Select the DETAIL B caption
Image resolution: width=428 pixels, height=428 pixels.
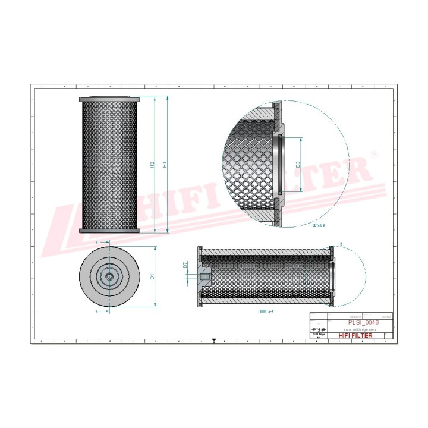click(319, 226)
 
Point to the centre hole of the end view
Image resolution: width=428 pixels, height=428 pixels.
click(110, 276)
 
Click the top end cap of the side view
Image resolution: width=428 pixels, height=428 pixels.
click(110, 99)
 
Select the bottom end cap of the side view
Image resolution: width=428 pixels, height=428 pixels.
click(110, 231)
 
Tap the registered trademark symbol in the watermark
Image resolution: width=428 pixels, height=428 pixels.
click(373, 154)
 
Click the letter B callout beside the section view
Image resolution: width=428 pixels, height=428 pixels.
click(341, 244)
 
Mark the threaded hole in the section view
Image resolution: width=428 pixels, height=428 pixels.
click(204, 276)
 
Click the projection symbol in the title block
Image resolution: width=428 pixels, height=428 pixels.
click(317, 329)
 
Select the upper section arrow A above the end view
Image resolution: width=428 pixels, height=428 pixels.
click(97, 243)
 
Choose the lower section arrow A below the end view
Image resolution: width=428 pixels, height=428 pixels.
click(97, 310)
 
